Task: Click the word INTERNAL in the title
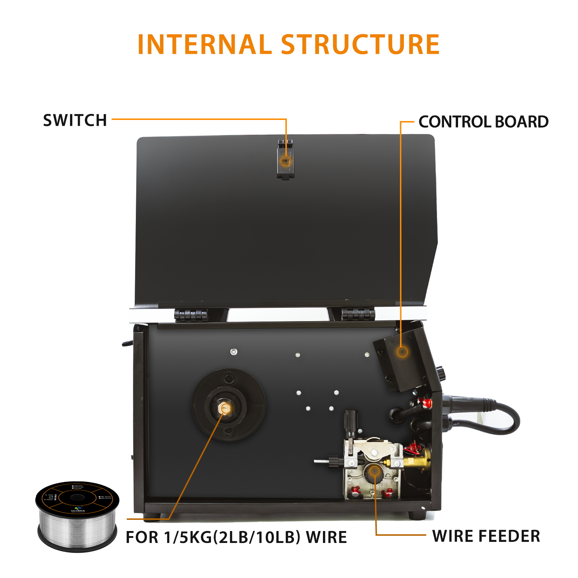204,44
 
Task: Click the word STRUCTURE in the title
360,44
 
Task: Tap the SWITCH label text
75,120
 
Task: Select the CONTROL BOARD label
483,122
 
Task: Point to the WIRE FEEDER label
486,536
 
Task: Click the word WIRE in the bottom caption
326,537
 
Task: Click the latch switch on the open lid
285,160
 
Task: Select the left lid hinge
191,315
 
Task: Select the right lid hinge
358,314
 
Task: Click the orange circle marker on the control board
402,351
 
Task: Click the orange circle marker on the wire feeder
375,471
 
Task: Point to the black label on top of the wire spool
77,498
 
